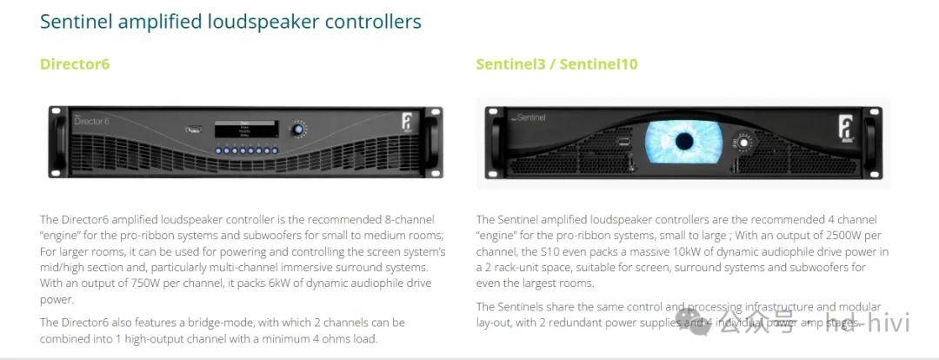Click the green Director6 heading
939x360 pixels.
(x=75, y=64)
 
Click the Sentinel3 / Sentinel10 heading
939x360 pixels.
(x=556, y=64)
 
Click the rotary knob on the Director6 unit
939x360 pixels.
(x=299, y=130)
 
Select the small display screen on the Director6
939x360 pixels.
(x=247, y=129)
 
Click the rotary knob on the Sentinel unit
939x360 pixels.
(x=743, y=142)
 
